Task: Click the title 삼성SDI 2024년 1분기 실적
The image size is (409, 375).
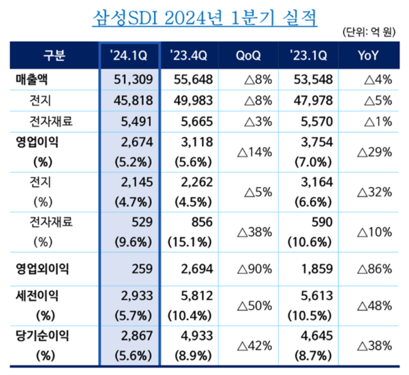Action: click(x=204, y=16)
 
